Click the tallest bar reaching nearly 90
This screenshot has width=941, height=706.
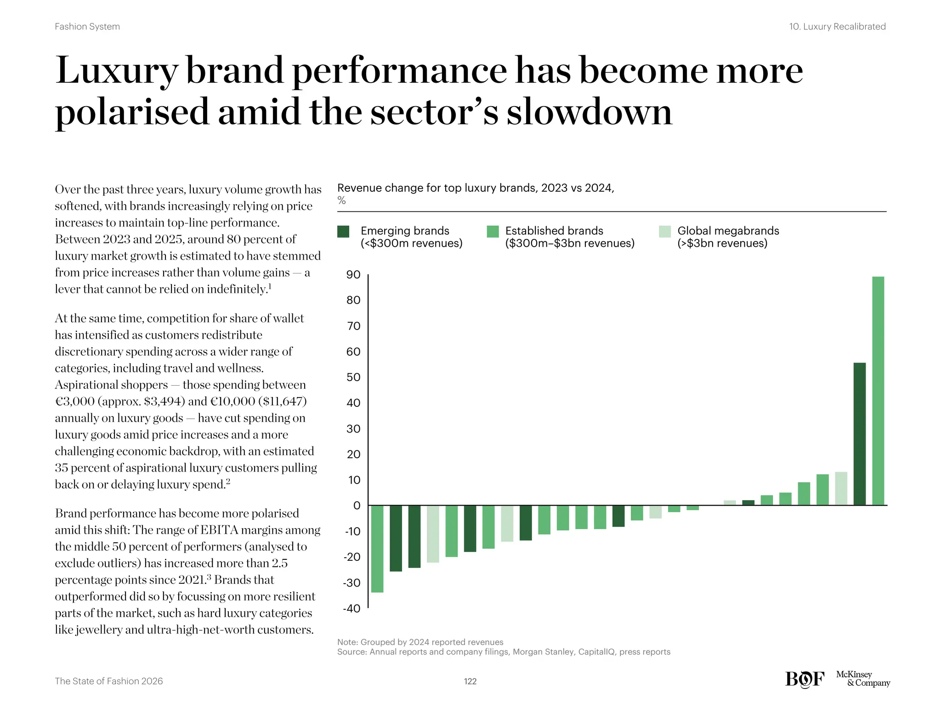click(878, 391)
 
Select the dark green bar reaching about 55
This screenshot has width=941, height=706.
click(859, 434)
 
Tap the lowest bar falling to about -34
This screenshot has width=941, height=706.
click(377, 549)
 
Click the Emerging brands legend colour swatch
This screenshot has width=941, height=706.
click(343, 232)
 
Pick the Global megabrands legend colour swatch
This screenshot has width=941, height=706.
click(664, 232)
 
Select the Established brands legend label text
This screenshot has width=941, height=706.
click(569, 237)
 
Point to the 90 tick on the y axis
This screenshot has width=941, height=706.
click(353, 275)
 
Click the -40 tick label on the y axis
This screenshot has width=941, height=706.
click(352, 609)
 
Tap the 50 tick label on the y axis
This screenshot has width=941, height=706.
click(353, 377)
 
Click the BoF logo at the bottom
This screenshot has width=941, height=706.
click(805, 679)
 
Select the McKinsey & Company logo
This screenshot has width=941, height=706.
click(862, 678)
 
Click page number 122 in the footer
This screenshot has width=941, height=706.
click(470, 681)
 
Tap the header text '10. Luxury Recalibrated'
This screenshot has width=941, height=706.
click(837, 27)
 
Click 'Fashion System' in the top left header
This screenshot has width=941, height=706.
click(87, 27)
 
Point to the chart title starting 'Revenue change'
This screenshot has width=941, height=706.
click(476, 188)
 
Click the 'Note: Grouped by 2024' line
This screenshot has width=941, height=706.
click(420, 642)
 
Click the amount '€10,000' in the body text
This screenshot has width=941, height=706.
click(232, 401)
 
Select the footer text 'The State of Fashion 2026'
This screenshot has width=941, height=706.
click(109, 681)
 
